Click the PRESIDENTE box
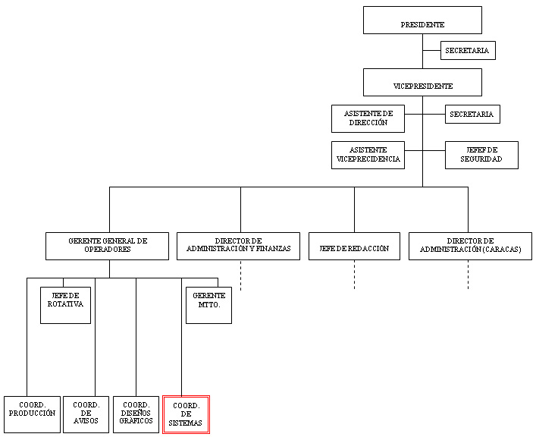[422, 20]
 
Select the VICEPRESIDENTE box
[422, 83]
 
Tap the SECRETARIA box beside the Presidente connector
[468, 50]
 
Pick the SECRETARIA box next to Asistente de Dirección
[472, 115]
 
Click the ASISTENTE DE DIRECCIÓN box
[368, 119]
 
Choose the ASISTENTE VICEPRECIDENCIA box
[368, 155]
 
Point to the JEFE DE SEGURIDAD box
[481, 155]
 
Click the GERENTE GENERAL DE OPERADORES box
[108, 246]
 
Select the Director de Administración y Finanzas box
[238, 246]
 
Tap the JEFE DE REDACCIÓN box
[355, 246]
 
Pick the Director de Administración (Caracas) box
[470, 246]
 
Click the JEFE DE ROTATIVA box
[66, 305]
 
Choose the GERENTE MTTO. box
[208, 305]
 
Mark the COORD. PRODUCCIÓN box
[32, 414]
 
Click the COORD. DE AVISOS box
[86, 414]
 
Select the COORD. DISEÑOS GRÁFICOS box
[136, 414]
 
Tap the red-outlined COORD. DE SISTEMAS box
[186, 415]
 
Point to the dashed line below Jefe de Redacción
[355, 275]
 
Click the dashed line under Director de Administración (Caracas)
[469, 275]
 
